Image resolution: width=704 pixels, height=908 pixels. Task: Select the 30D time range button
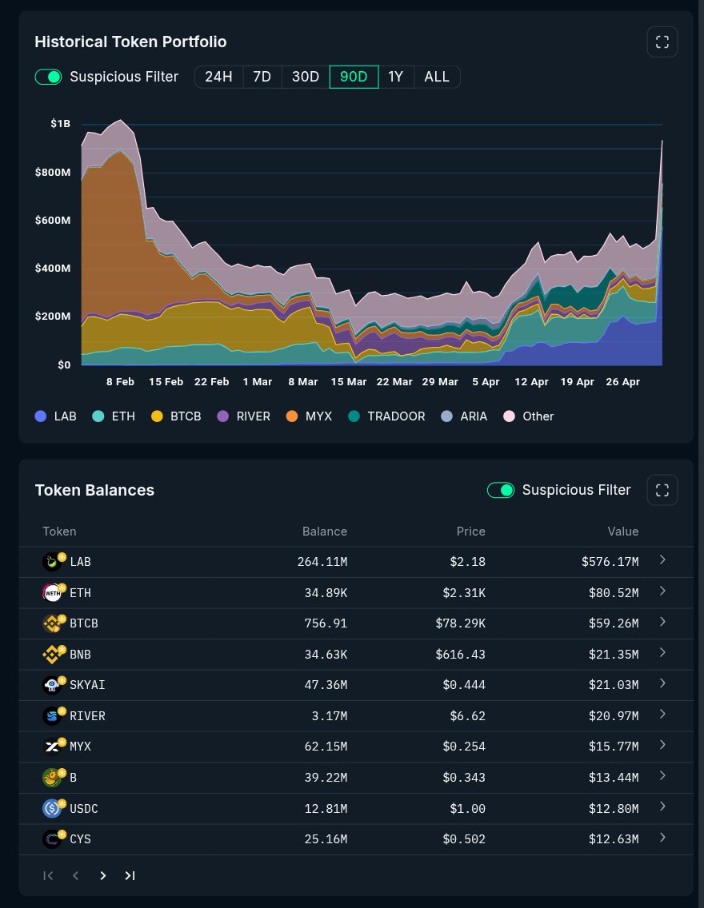[306, 77]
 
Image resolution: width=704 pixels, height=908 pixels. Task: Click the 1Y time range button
[396, 77]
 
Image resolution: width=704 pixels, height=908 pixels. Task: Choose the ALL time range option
[437, 77]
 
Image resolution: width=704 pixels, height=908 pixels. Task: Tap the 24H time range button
[219, 77]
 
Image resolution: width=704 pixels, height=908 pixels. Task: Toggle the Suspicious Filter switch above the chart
[49, 77]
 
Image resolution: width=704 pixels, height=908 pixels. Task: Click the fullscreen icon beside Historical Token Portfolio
[662, 42]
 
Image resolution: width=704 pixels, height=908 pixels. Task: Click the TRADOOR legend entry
[387, 416]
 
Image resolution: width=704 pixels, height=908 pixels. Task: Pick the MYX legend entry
[310, 416]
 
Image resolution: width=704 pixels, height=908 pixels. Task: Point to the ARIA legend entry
[464, 416]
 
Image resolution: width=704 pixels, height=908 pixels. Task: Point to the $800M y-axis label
[53, 172]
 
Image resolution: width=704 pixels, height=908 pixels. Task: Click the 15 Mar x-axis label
[349, 382]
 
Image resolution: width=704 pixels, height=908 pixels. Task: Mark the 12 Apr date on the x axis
[531, 382]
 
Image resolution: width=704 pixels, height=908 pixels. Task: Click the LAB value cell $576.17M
[610, 562]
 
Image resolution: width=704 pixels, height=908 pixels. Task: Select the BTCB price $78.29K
[461, 623]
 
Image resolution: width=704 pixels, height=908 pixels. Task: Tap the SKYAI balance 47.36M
[326, 685]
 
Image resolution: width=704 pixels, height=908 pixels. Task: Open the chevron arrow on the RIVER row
[663, 715]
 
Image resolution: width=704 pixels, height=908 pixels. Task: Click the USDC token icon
[52, 808]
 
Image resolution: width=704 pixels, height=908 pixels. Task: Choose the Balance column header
[325, 532]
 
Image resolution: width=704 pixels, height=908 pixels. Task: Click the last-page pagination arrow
[130, 875]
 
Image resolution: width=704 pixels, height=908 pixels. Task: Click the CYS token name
[80, 839]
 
